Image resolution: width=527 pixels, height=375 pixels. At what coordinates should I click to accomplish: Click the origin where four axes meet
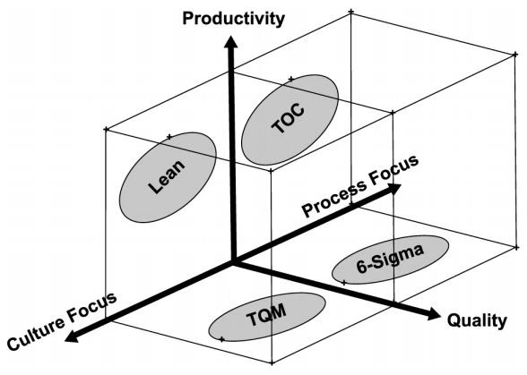coord(233,262)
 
